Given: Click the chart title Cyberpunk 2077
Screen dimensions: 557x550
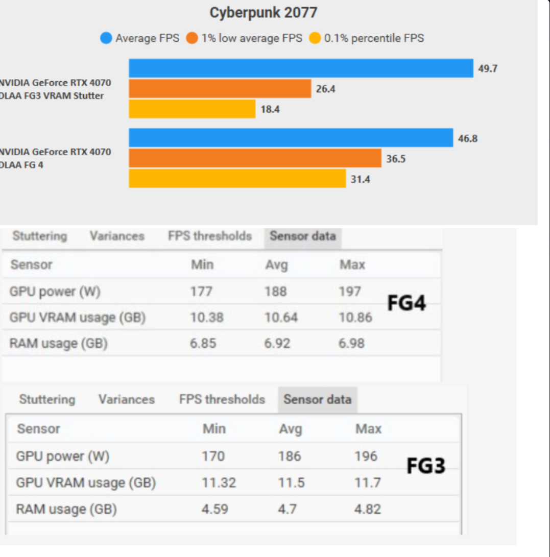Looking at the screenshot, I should pos(263,13).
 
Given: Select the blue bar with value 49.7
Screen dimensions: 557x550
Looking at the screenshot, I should pos(301,68).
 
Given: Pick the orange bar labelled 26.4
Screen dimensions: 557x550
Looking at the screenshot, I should pos(220,89).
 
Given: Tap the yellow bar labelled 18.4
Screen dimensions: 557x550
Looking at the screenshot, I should pos(192,109).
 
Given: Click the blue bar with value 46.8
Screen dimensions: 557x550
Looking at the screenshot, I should pos(291,138).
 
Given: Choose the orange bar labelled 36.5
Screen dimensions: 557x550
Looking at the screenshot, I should pos(255,158).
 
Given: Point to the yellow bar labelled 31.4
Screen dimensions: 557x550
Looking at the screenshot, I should pos(237,179).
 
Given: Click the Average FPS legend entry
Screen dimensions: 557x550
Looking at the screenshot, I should pos(140,38).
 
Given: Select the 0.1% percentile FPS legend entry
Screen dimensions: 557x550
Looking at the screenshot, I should pos(367,38).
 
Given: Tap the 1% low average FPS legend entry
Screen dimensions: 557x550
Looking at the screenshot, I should pos(245,38).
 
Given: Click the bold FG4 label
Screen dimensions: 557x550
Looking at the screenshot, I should pos(406,304).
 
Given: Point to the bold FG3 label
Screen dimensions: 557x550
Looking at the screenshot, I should pos(426,466).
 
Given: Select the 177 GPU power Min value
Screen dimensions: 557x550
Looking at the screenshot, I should pos(202,292).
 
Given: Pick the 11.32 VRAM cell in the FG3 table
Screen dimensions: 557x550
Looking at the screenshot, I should pos(219,482).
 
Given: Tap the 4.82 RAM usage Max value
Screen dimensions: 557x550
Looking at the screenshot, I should pos(368,509).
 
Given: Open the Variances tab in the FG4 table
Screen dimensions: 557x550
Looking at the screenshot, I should pos(117,236).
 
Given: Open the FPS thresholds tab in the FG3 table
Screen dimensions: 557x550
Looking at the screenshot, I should pos(222,399).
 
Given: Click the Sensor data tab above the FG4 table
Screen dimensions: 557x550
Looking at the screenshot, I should pos(303,236).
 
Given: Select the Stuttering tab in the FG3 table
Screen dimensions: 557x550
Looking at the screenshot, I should pos(47,399).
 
